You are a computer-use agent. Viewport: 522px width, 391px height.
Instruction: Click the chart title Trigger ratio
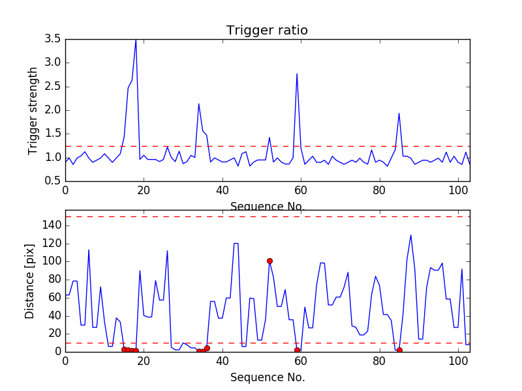[x=267, y=31]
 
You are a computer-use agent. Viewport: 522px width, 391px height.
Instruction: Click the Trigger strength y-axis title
[x=33, y=110]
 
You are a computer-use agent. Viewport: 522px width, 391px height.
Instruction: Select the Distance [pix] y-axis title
[x=30, y=280]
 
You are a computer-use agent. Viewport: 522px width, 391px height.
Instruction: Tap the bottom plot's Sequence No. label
[x=267, y=377]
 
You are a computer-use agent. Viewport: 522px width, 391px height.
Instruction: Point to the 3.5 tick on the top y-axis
[x=53, y=39]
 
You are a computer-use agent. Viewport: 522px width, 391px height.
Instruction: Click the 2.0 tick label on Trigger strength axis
[x=53, y=110]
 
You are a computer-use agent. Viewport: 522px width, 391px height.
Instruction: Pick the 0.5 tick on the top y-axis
[x=53, y=181]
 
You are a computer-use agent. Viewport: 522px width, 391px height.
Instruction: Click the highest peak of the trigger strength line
[x=136, y=40]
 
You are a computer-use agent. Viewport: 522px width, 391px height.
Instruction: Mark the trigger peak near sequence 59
[x=297, y=74]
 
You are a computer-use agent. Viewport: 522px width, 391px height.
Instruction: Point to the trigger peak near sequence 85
[x=399, y=113]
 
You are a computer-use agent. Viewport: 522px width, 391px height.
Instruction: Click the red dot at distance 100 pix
[x=269, y=261]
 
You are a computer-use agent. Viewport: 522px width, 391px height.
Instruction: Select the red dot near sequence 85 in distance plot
[x=399, y=350]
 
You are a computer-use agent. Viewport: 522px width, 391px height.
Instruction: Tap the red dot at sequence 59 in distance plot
[x=297, y=350]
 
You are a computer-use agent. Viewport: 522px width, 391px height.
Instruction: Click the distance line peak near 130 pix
[x=410, y=235]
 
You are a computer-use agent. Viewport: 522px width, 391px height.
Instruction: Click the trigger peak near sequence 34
[x=199, y=104]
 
